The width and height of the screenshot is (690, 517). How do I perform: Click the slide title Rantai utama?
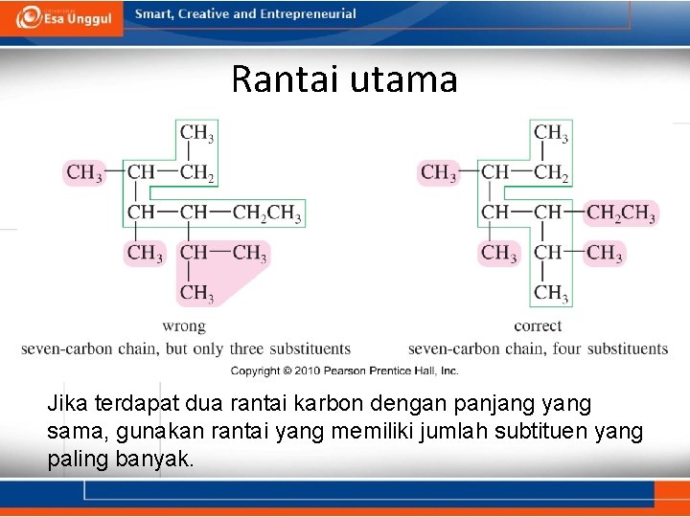(344, 79)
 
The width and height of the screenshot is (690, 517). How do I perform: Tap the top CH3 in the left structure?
(197, 133)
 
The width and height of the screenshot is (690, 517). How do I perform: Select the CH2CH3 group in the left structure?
(267, 213)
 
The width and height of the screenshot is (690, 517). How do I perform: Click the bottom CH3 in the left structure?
(197, 292)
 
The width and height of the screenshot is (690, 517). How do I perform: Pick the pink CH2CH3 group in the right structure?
(621, 213)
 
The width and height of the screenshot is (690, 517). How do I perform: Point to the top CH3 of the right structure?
(551, 133)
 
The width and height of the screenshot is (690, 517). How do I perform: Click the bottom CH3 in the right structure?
(551, 292)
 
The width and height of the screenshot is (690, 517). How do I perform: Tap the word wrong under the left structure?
(184, 326)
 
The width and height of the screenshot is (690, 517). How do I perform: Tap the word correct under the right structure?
(538, 326)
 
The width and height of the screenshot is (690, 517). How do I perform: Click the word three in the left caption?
(246, 348)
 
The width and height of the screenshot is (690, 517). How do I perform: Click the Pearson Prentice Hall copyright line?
(344, 371)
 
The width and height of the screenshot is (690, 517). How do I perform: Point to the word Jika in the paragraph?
(66, 405)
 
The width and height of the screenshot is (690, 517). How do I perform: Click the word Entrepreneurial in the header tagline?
(305, 14)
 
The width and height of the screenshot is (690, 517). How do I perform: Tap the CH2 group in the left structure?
(197, 173)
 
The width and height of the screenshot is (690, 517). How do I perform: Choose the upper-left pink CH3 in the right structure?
(438, 173)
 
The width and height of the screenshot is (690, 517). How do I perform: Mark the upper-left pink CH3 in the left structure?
(84, 173)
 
